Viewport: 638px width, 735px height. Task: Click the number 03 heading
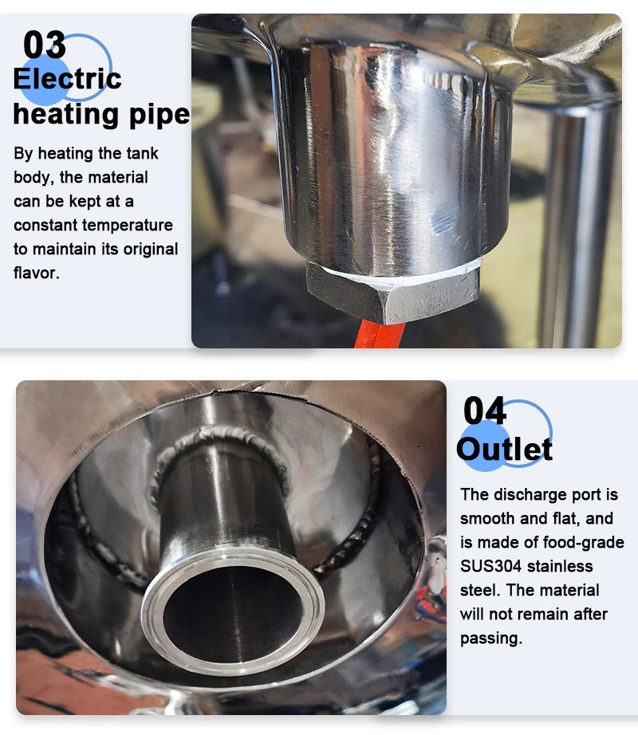pyautogui.click(x=45, y=45)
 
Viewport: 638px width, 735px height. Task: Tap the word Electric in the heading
pyautogui.click(x=67, y=79)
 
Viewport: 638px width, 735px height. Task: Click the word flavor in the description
pyautogui.click(x=35, y=273)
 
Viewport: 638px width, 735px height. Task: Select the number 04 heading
pyautogui.click(x=485, y=411)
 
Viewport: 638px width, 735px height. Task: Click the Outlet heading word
pyautogui.click(x=504, y=449)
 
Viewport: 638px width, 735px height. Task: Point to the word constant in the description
pyautogui.click(x=45, y=225)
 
